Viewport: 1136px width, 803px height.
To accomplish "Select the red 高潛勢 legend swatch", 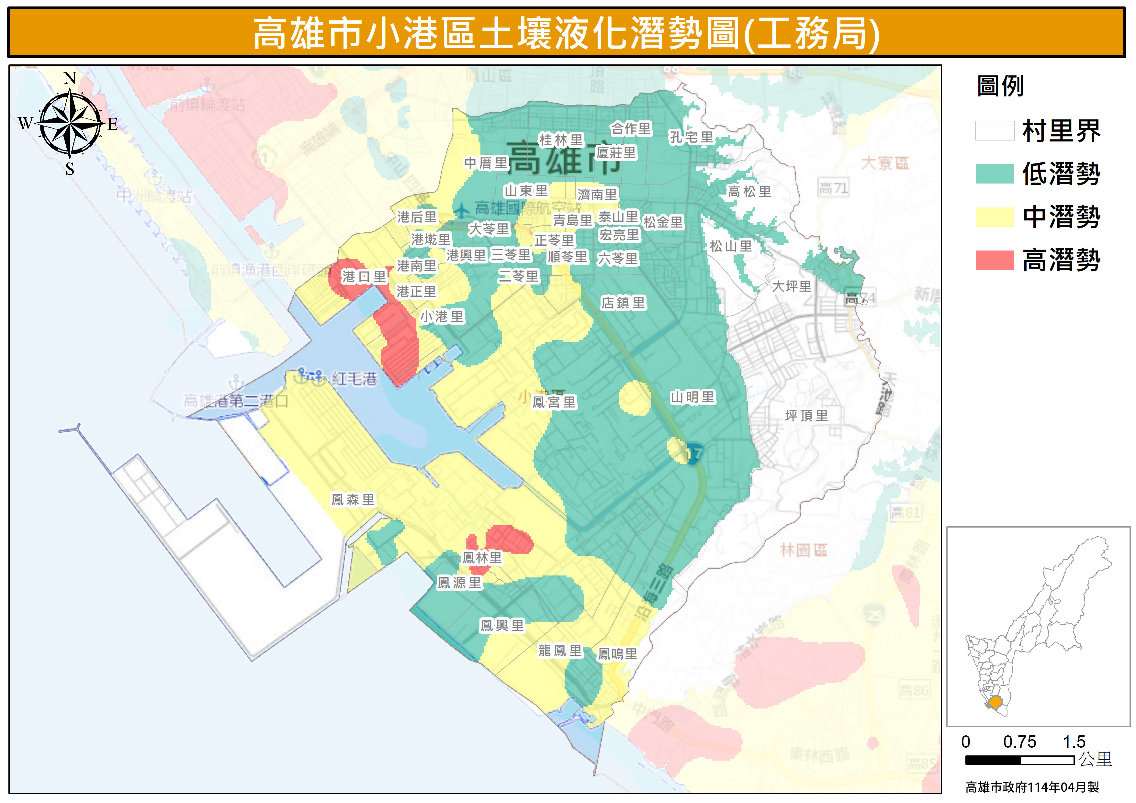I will point(995,260).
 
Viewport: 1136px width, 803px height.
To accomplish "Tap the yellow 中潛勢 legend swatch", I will point(995,217).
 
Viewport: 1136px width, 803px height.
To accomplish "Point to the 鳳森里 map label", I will point(353,500).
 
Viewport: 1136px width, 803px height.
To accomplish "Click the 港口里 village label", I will point(364,277).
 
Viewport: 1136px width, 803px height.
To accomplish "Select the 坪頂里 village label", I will point(806,416).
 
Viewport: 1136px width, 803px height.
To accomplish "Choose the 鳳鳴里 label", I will point(617,654).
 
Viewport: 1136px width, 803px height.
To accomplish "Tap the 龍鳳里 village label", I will point(560,650).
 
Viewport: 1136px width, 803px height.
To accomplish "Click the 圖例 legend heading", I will point(1000,86).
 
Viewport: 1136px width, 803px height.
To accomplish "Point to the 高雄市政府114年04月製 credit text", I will point(1032,787).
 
